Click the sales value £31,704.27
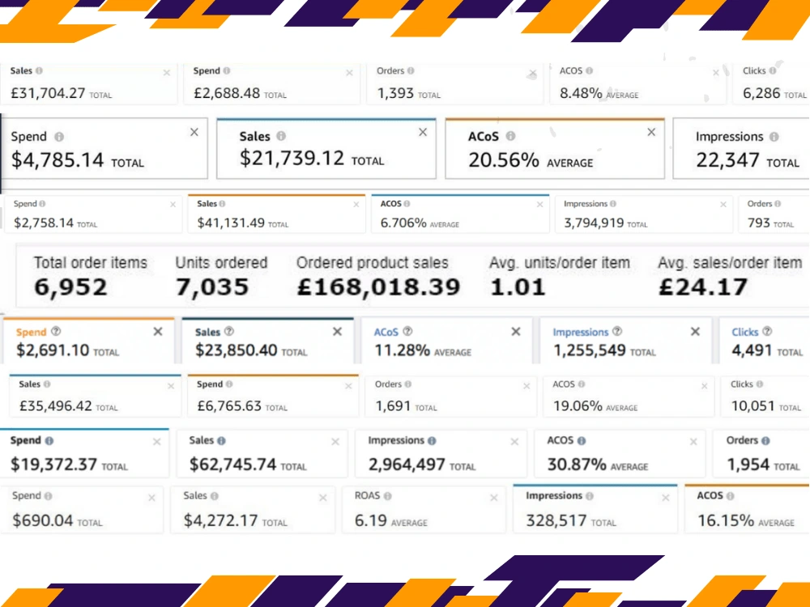pos(48,93)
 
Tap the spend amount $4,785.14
pos(58,160)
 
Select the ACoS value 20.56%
pos(504,160)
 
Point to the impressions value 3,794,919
pos(594,223)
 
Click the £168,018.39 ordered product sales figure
pos(378,287)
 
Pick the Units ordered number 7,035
pos(212,287)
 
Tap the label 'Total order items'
pos(91,263)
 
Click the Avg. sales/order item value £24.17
pos(703,287)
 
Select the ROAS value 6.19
pos(370,520)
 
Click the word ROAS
pos(367,495)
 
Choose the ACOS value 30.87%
pos(577,465)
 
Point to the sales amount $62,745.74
pos(232,465)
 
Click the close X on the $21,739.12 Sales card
pos(423,132)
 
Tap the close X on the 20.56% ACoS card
pos(651,132)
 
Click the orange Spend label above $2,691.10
pos(31,332)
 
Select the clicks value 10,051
pos(752,406)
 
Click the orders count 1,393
pos(395,93)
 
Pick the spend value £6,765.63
pos(229,406)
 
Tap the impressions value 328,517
pos(556,520)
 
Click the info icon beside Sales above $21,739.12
pos(281,136)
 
